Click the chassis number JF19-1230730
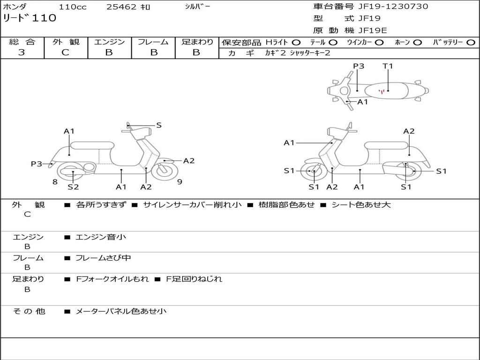386,7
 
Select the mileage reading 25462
121,7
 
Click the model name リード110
30,18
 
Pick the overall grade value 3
22,52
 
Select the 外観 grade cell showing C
65,52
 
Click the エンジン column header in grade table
109,42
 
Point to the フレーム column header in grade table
153,42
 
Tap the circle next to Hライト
296,43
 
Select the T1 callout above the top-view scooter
388,66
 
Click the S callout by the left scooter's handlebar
159,125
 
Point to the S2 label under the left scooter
73,187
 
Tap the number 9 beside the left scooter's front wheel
180,182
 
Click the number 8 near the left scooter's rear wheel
55,182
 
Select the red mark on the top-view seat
382,91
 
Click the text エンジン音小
101,237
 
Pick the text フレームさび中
103,258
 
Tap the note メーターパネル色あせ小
121,311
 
